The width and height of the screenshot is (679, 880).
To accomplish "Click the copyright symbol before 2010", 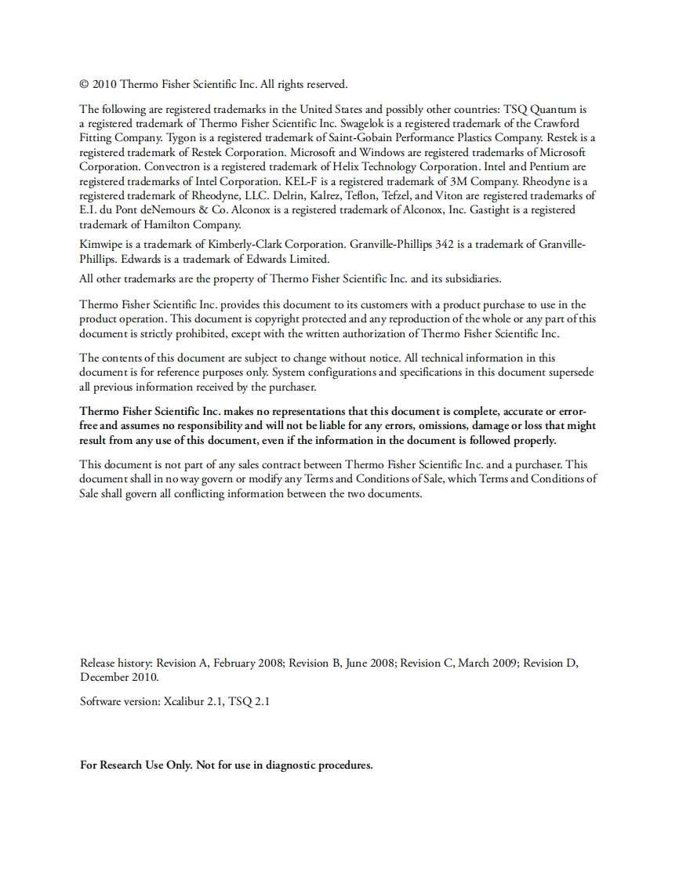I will [85, 85].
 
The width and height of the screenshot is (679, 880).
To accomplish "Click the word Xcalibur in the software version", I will [184, 702].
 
